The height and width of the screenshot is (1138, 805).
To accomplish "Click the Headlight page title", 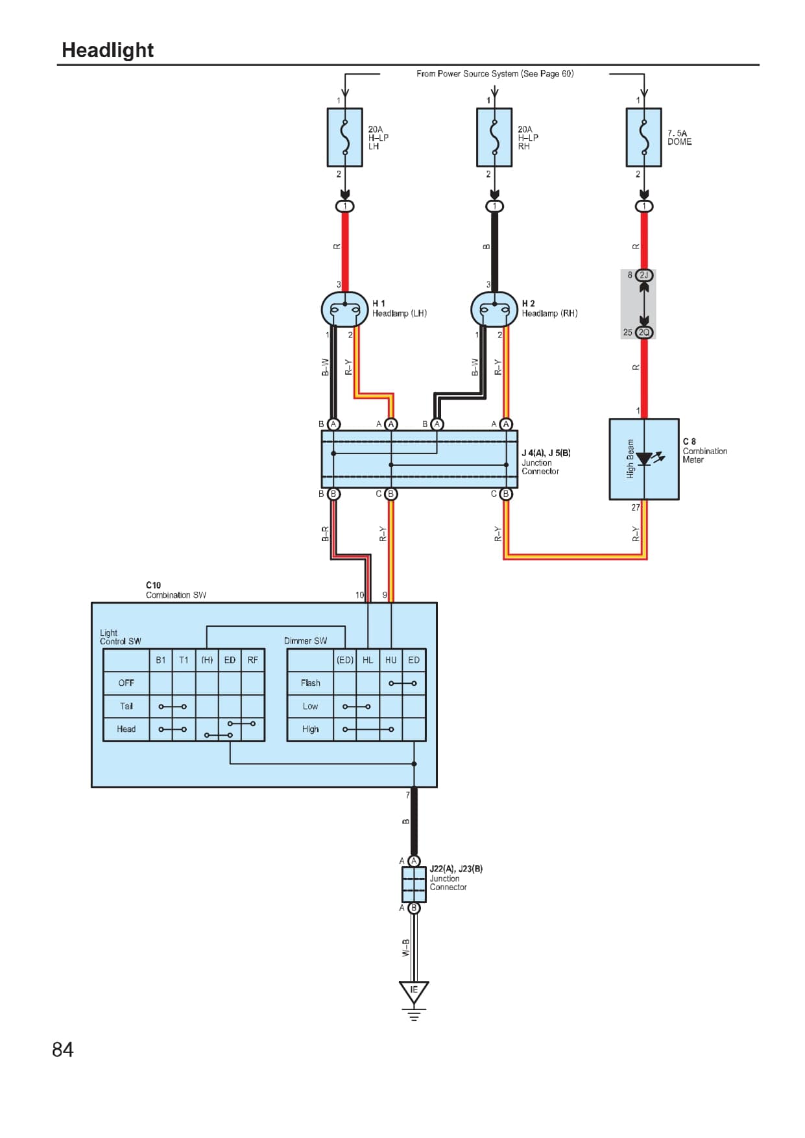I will [x=107, y=50].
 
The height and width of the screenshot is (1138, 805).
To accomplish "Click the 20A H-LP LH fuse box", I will [x=345, y=138].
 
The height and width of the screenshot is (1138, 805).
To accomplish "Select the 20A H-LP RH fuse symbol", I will [x=494, y=138].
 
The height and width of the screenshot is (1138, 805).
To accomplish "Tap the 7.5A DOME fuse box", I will [x=643, y=138].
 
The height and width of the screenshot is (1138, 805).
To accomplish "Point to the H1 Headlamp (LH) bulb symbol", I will [x=344, y=309].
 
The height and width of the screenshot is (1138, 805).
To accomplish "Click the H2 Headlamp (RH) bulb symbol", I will [x=494, y=309].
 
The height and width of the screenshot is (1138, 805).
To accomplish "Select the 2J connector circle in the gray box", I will [x=644, y=275].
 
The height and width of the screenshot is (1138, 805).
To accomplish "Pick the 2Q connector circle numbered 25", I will [x=644, y=332].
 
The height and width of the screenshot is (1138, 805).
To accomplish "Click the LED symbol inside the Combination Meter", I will [x=644, y=459].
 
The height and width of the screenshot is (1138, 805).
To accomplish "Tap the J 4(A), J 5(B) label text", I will [x=546, y=453].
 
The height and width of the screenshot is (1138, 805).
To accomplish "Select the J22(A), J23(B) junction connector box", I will [x=414, y=884].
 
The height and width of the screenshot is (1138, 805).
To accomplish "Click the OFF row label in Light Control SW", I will [x=126, y=683].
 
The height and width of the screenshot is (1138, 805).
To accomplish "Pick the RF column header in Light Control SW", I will [x=252, y=660].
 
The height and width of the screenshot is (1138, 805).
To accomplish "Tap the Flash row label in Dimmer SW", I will [x=310, y=683].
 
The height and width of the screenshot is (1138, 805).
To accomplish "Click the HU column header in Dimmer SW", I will [x=390, y=660].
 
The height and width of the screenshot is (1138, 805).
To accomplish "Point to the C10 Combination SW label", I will [x=175, y=590].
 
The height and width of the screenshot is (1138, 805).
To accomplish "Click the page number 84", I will [x=63, y=1049].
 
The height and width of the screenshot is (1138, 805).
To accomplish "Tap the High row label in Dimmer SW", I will [x=310, y=729].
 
